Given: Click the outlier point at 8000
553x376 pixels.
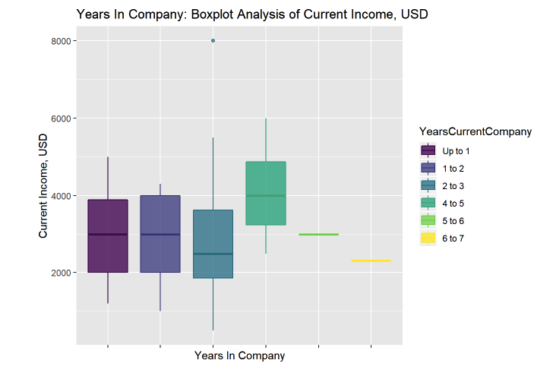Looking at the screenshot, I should (x=213, y=41).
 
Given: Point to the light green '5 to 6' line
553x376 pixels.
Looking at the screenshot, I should (x=318, y=234).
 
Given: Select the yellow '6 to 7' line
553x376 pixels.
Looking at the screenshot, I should (x=371, y=261).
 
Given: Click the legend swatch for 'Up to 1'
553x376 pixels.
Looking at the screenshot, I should (x=427, y=150).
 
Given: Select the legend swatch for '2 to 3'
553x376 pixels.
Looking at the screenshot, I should (x=427, y=185).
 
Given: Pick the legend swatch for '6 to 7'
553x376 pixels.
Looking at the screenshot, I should (x=427, y=238).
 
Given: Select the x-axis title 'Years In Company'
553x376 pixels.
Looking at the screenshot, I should (x=239, y=355).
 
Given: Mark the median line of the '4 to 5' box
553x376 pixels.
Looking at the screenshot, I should (x=266, y=196).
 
